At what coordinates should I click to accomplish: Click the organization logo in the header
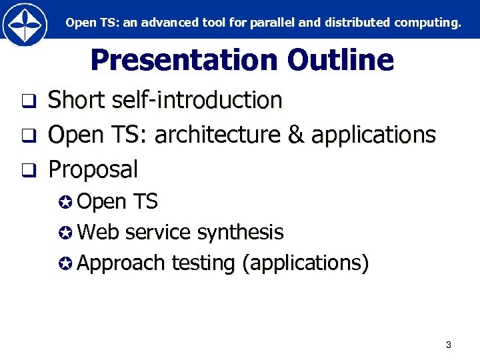[25, 24]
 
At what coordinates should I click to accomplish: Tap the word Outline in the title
[341, 60]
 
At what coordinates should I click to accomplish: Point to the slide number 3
[448, 345]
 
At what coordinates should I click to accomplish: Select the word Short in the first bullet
[77, 101]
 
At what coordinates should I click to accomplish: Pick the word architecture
[218, 135]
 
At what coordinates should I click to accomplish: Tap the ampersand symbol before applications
[295, 135]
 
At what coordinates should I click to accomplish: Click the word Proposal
[93, 169]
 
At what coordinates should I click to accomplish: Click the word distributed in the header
[355, 23]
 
